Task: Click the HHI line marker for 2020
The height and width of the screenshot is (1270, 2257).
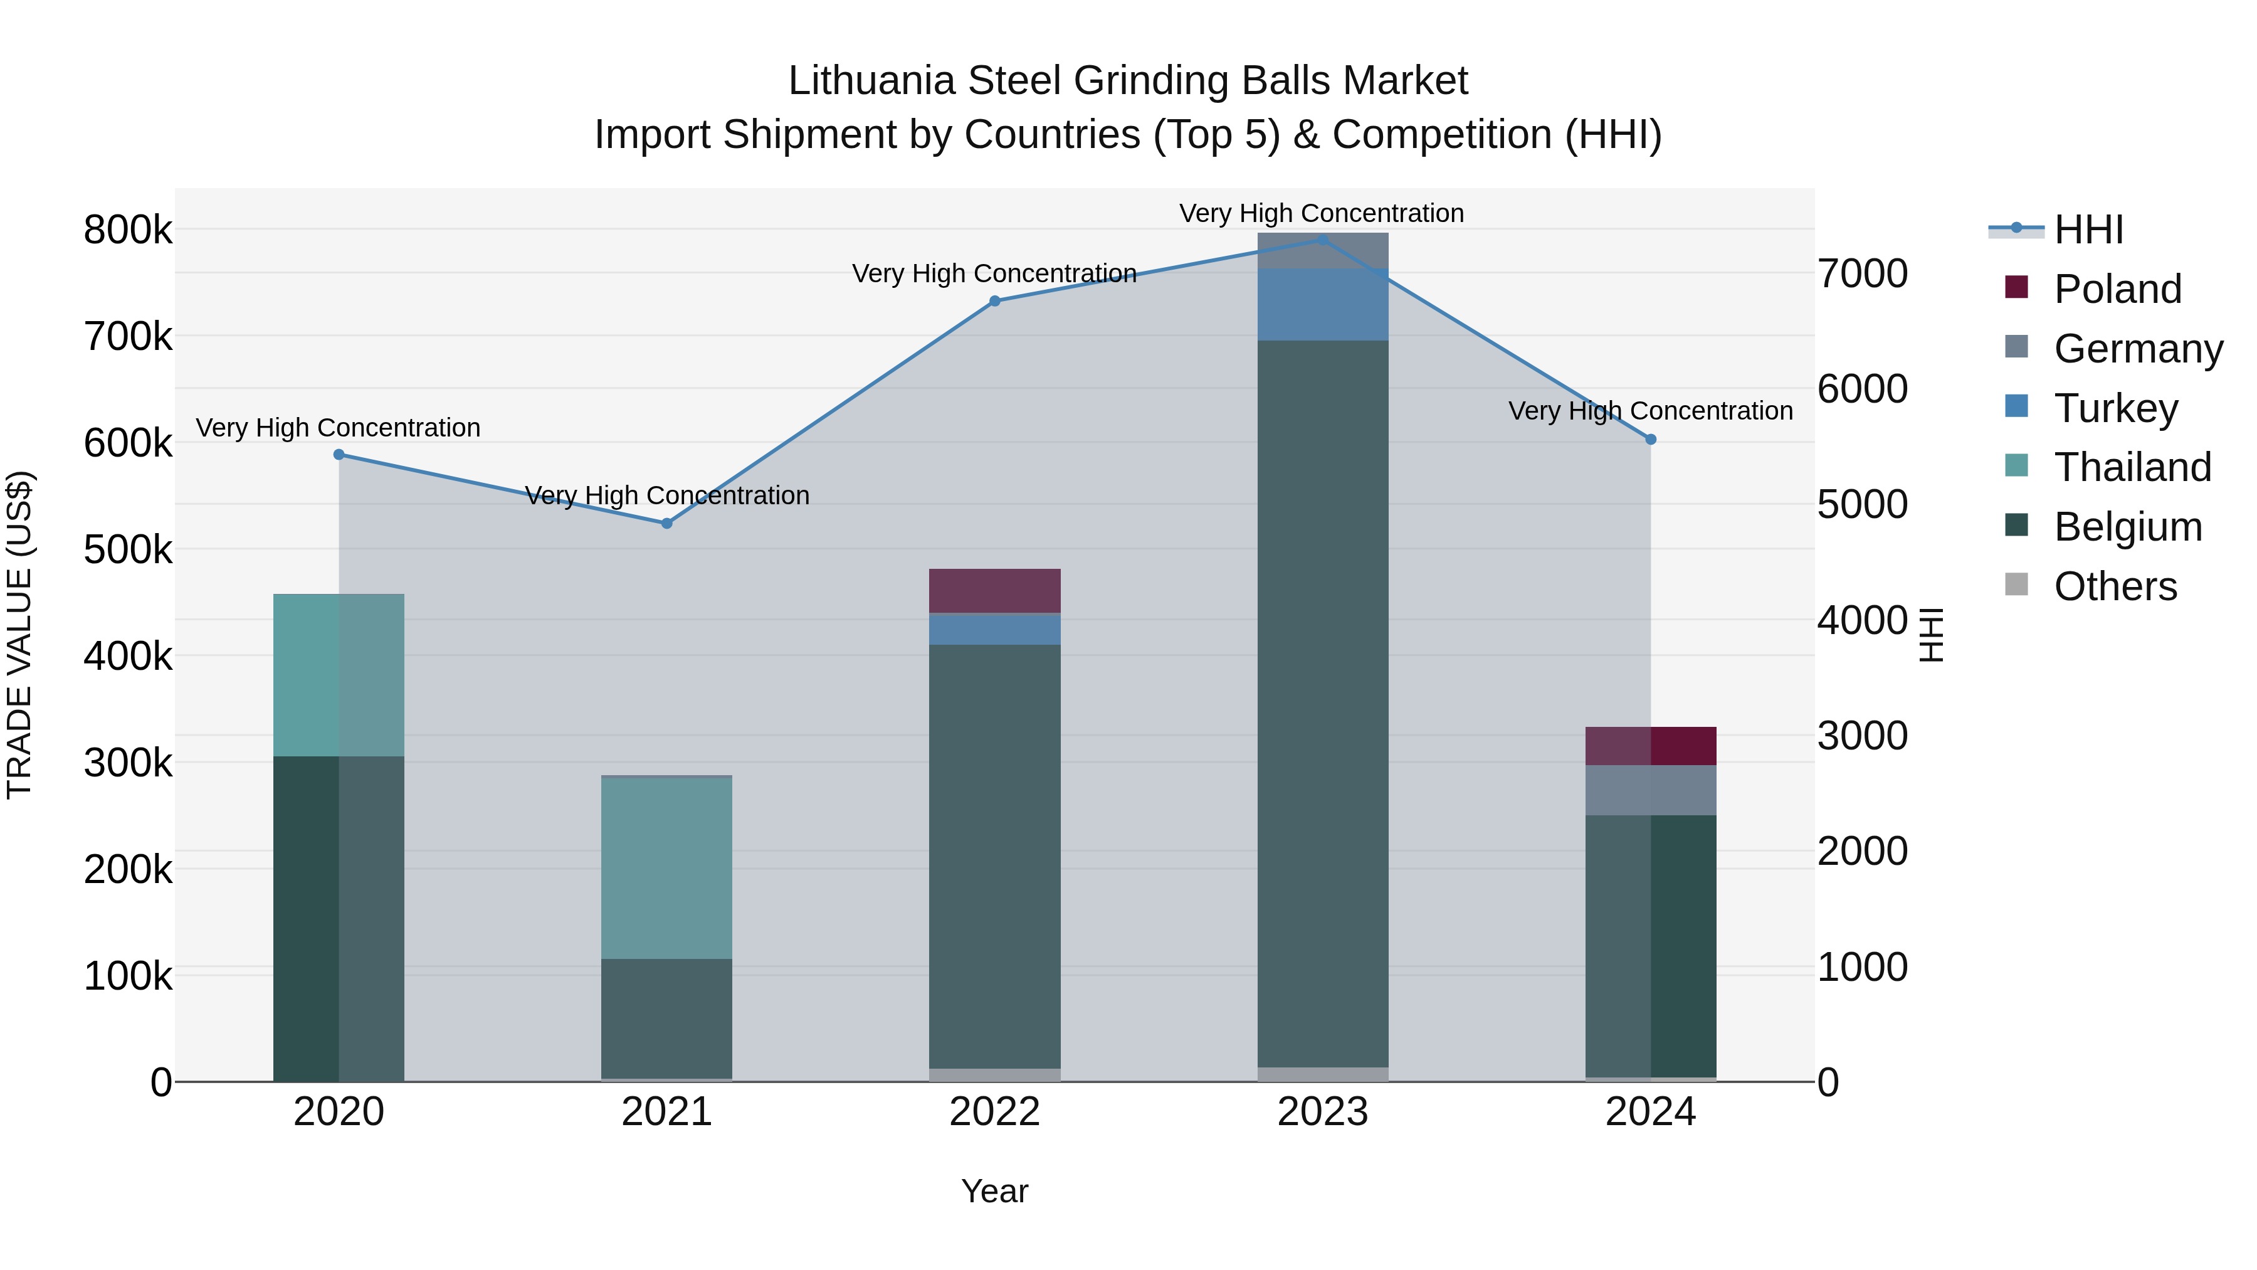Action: (339, 455)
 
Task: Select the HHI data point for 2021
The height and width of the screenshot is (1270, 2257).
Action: (667, 523)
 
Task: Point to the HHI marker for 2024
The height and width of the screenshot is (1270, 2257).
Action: (1651, 439)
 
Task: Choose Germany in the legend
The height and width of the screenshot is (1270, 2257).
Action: (2138, 349)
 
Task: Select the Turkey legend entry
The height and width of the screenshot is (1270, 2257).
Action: (2115, 408)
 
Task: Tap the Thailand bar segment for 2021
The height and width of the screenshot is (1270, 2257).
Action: (667, 868)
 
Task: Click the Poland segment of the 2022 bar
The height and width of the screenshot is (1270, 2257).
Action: (994, 591)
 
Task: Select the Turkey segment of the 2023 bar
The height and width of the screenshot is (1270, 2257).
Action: (1323, 305)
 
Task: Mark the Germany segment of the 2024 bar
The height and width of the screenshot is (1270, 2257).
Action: (1651, 790)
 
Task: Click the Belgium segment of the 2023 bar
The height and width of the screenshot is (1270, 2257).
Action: (1323, 701)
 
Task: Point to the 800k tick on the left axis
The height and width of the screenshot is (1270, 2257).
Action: (128, 231)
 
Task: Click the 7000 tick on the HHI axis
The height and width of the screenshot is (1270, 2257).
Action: (1863, 273)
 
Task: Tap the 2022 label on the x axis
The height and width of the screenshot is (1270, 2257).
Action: (994, 1112)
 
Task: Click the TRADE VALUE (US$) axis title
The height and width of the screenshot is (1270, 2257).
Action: (20, 635)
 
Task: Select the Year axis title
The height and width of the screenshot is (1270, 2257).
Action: (994, 1191)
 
